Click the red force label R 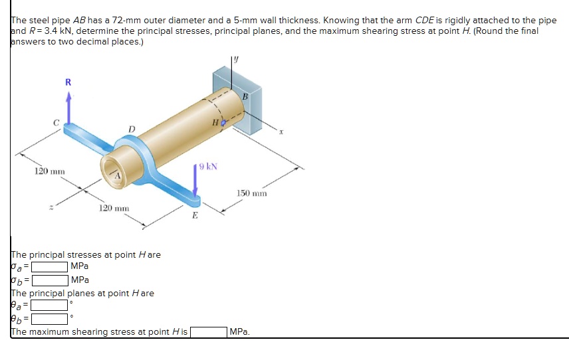tap(67, 82)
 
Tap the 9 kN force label tap(208, 166)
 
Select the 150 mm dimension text tap(251, 193)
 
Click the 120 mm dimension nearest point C tap(49, 172)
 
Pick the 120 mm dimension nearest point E tap(114, 209)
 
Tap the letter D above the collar tap(132, 129)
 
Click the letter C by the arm tap(57, 122)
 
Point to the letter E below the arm tap(195, 215)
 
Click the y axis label tap(235, 60)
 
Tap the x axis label tap(281, 132)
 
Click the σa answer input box tap(50, 267)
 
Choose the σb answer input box tap(50, 280)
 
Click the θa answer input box tap(50, 306)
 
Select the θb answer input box tap(50, 319)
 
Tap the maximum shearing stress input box tap(209, 331)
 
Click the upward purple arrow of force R tap(68, 110)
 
